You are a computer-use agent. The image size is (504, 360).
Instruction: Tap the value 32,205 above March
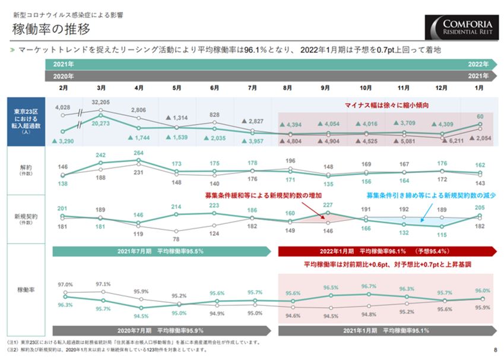pyautogui.click(x=101, y=102)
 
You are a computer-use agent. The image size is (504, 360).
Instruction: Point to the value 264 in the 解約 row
pyautogui.click(x=138, y=153)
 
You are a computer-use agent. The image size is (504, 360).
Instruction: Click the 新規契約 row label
pyautogui.click(x=26, y=219)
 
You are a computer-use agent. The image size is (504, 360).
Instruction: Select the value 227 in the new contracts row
pyautogui.click(x=327, y=205)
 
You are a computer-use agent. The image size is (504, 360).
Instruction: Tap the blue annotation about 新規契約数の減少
pyautogui.click(x=430, y=195)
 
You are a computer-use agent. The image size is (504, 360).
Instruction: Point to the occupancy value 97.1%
pyautogui.click(x=103, y=284)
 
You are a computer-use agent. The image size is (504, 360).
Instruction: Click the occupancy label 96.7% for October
pyautogui.click(x=368, y=286)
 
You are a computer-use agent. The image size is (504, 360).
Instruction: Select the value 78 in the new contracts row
pyautogui.click(x=176, y=238)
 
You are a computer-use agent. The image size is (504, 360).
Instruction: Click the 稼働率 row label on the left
pyautogui.click(x=26, y=290)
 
